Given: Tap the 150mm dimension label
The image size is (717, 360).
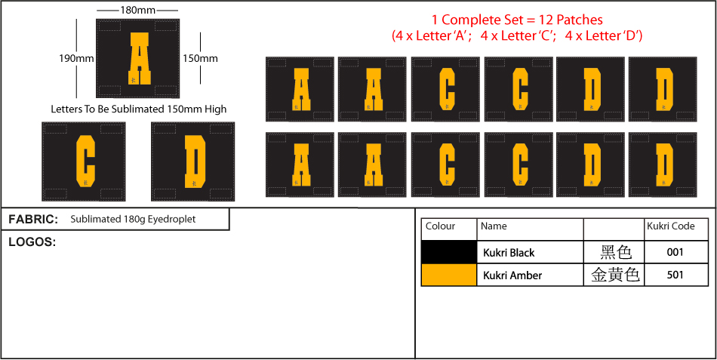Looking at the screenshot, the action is coord(200,59).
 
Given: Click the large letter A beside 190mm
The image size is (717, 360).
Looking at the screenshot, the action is coord(137,58).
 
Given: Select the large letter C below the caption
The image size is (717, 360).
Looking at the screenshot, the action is coord(85,162).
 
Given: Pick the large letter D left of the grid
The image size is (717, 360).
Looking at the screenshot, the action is coord(195,162).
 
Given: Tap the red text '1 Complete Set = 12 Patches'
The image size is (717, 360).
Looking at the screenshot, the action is coord(517,20).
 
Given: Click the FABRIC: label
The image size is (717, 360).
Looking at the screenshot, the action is coord(33,220).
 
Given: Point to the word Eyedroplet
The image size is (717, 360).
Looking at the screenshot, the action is coord(176,220).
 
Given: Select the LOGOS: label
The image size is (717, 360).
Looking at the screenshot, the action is coord(32,242).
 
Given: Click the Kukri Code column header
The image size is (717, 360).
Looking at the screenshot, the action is coord(671,226).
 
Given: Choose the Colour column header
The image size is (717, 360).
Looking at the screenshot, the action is coord(440,226).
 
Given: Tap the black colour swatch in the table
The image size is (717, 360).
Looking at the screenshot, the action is coord(448,252).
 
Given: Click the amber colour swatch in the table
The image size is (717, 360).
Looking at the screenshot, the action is coord(448,275).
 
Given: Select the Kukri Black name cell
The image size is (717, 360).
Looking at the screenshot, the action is coord(509,253).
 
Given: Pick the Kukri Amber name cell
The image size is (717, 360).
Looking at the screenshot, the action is coord(512,275).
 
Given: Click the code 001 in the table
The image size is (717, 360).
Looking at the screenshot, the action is coord(675,253).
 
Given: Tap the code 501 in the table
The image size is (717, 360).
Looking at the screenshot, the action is coord(675,275).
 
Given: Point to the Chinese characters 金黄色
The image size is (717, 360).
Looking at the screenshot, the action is coord(615,275).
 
